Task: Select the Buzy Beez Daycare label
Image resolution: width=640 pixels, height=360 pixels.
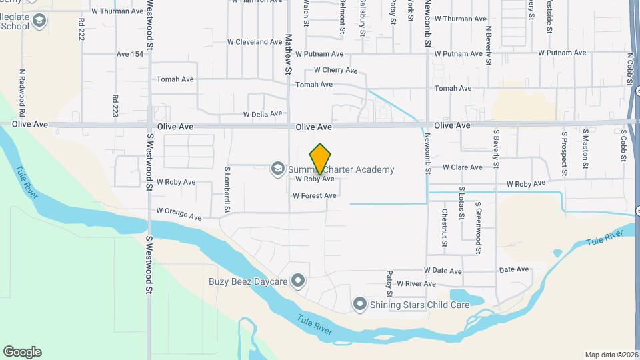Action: (x=247, y=282)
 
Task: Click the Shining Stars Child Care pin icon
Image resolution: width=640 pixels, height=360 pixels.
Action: (x=360, y=305)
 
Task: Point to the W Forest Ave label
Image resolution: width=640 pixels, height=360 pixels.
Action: (x=314, y=196)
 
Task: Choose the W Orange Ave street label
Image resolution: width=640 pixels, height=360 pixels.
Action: (x=179, y=214)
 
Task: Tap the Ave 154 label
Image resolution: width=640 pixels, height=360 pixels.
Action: (x=130, y=55)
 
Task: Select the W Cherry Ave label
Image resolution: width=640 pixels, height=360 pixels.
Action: (x=335, y=70)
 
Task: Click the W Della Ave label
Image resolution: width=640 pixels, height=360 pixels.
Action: (x=263, y=115)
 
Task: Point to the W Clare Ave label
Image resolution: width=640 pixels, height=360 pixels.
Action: (x=462, y=167)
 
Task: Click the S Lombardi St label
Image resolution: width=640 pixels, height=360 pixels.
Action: (x=227, y=190)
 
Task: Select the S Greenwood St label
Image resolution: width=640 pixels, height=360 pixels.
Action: (x=478, y=228)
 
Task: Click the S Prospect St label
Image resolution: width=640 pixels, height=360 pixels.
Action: (x=563, y=154)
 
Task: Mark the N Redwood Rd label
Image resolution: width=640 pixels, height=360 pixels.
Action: (x=22, y=88)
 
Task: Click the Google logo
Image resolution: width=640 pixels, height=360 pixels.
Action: (x=22, y=352)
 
